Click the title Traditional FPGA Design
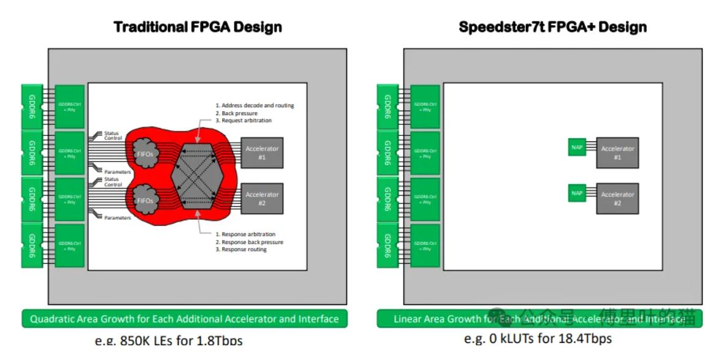click(x=198, y=27)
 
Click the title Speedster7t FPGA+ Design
click(x=552, y=27)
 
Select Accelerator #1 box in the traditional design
click(x=261, y=152)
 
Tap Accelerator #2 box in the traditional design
click(x=261, y=198)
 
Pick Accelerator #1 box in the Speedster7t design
click(x=617, y=152)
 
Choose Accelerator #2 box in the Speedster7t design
click(x=617, y=198)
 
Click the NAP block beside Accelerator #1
click(x=577, y=147)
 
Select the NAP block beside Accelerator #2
click(x=577, y=193)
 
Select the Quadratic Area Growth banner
click(x=184, y=319)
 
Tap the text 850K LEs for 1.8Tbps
click(x=168, y=340)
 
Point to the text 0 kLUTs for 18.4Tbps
click(x=537, y=339)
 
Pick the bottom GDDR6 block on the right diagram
click(x=387, y=246)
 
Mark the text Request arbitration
click(x=247, y=121)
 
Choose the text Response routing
click(x=244, y=250)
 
